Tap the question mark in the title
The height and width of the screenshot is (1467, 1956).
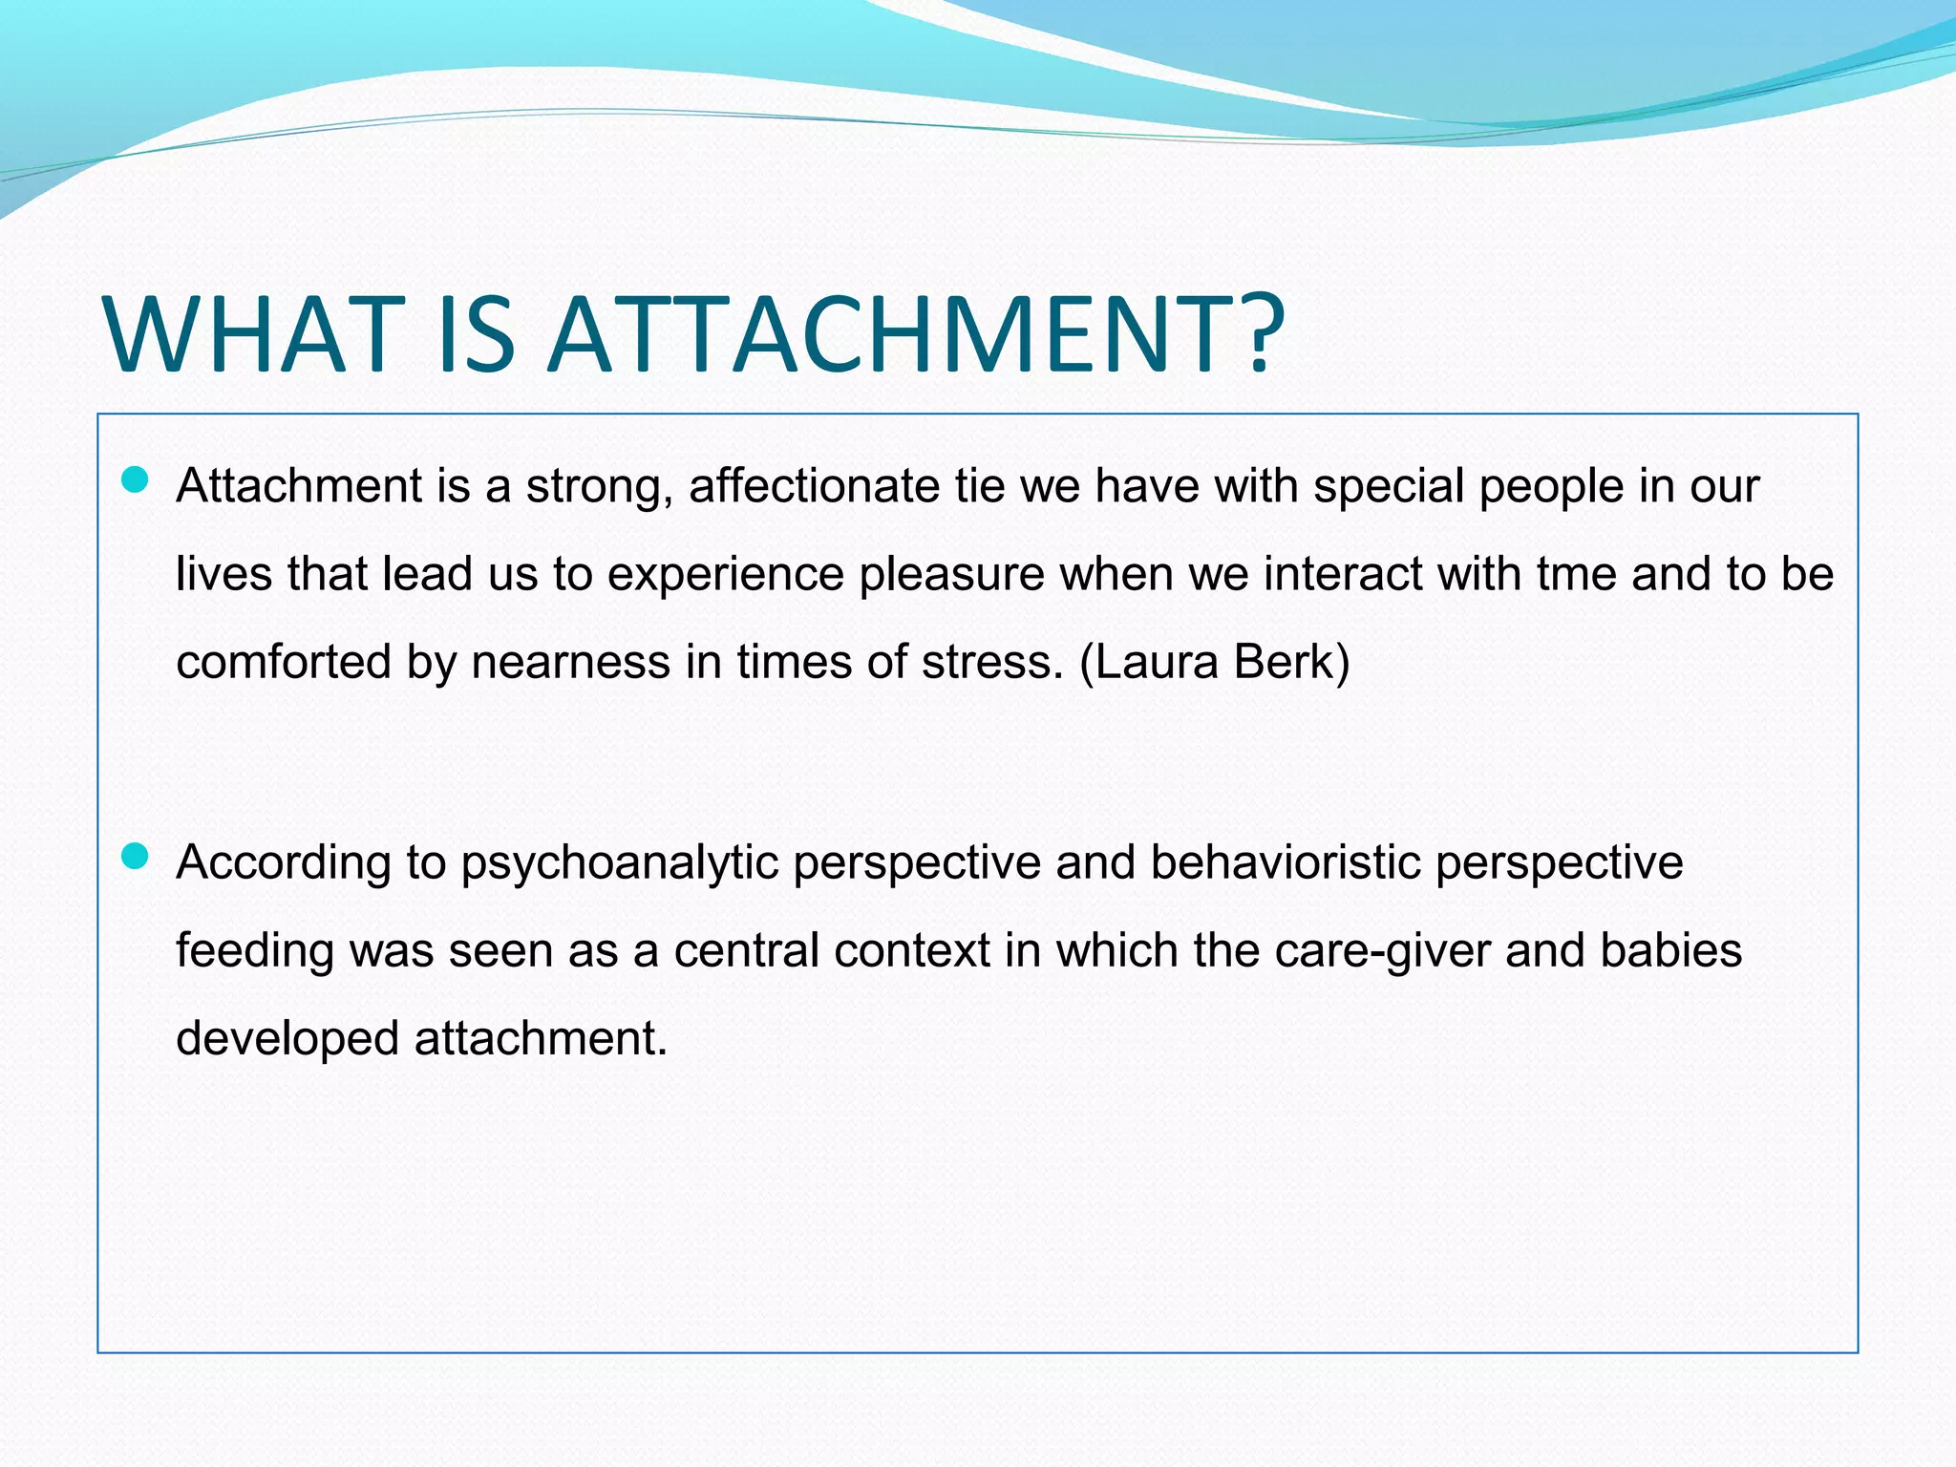(1253, 334)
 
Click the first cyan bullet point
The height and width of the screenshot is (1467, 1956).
(137, 479)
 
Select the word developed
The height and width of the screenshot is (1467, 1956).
(287, 1039)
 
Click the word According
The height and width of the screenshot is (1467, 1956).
(284, 863)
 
